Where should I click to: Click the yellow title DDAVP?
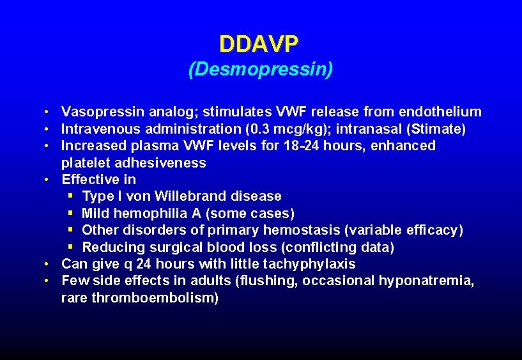click(x=258, y=44)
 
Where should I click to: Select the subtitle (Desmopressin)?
click(x=260, y=69)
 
